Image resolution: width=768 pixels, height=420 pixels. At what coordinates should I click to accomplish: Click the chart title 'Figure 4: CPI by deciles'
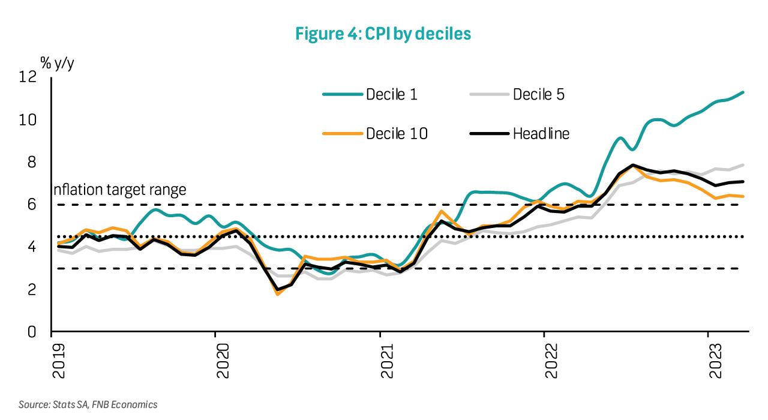[383, 34]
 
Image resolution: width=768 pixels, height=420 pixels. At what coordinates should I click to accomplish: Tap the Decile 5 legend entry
[516, 94]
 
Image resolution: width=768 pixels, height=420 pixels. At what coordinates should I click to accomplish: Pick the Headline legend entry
[519, 134]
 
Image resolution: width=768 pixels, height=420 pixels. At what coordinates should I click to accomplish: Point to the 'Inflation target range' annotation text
[119, 190]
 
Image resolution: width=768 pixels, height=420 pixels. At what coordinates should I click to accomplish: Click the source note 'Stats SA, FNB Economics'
[88, 404]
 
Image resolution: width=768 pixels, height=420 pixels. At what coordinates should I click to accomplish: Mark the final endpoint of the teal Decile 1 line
[743, 92]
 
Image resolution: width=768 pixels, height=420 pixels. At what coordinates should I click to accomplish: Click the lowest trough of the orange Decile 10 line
[277, 294]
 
